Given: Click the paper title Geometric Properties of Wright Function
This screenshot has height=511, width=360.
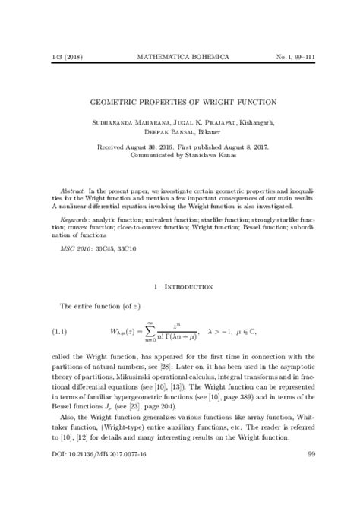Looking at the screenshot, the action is [x=180, y=101].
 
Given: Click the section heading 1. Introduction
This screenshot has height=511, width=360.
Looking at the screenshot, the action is [x=180, y=286].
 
